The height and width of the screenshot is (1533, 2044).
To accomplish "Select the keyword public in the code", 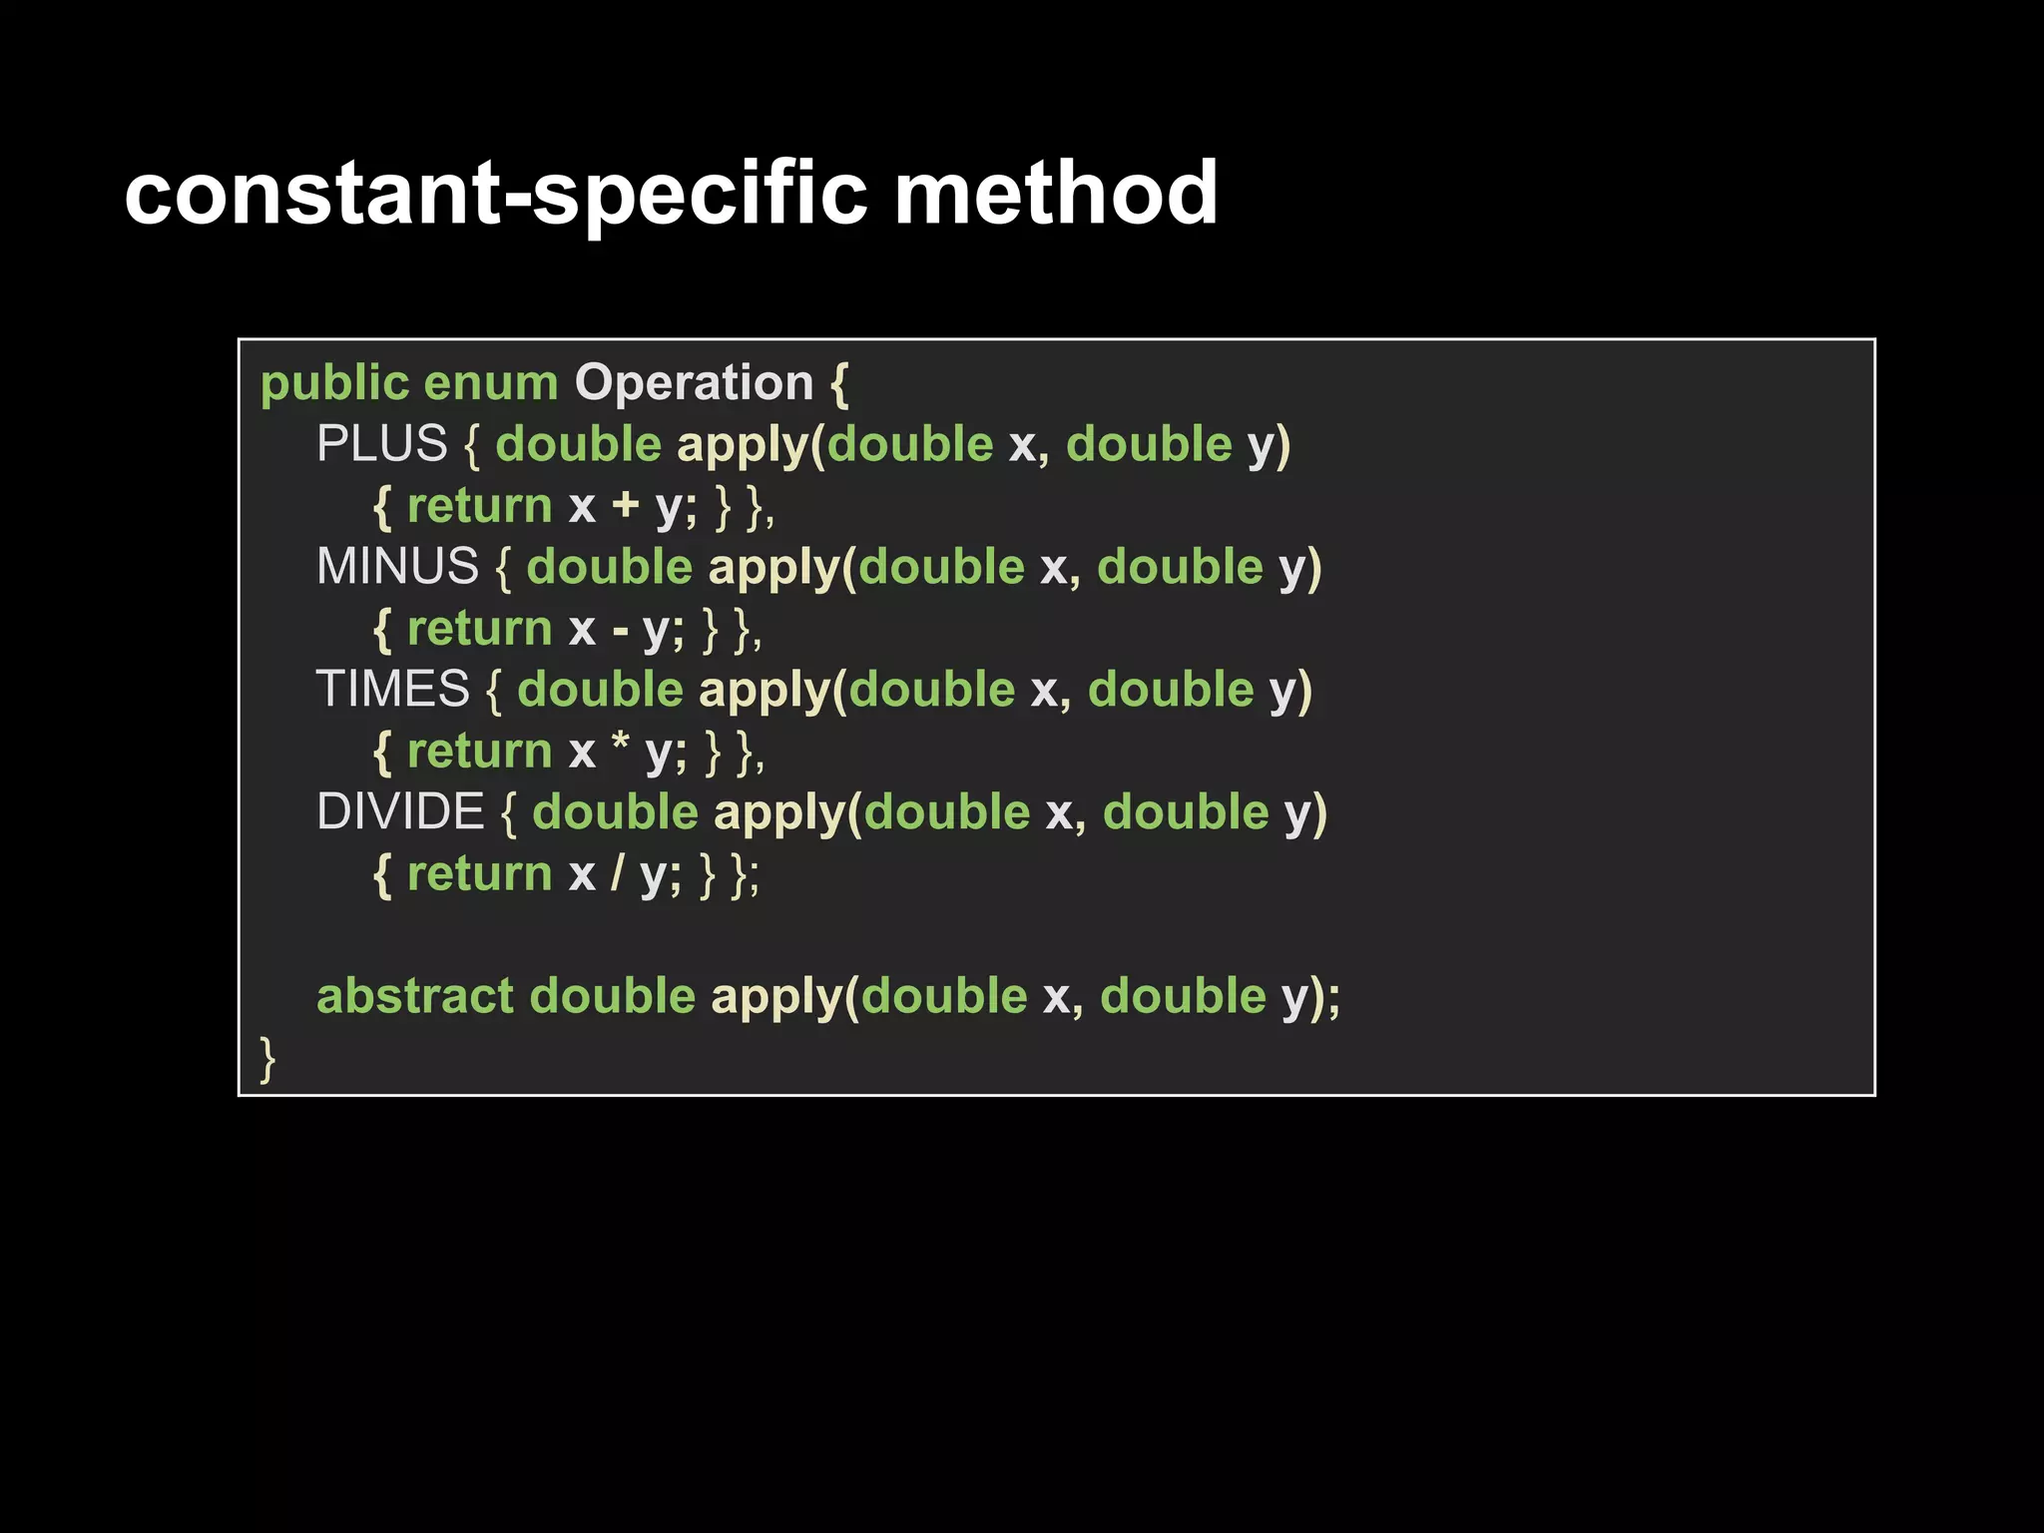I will (x=334, y=384).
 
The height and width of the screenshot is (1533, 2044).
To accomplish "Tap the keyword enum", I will (x=491, y=384).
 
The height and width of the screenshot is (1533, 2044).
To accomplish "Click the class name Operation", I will (x=695, y=384).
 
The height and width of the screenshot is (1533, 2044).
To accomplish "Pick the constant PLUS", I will (x=382, y=444).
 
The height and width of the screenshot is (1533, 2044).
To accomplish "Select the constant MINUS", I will (x=397, y=567).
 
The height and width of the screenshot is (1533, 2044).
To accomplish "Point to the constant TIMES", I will (x=392, y=690).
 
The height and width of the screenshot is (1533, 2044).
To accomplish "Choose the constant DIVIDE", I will (x=400, y=812).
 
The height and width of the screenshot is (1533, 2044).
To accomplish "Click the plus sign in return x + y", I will (x=626, y=506).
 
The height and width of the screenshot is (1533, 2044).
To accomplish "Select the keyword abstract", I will (x=415, y=996).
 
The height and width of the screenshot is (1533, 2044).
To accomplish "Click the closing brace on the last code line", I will (x=266, y=1059).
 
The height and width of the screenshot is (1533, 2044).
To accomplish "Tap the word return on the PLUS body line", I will (x=479, y=506).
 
